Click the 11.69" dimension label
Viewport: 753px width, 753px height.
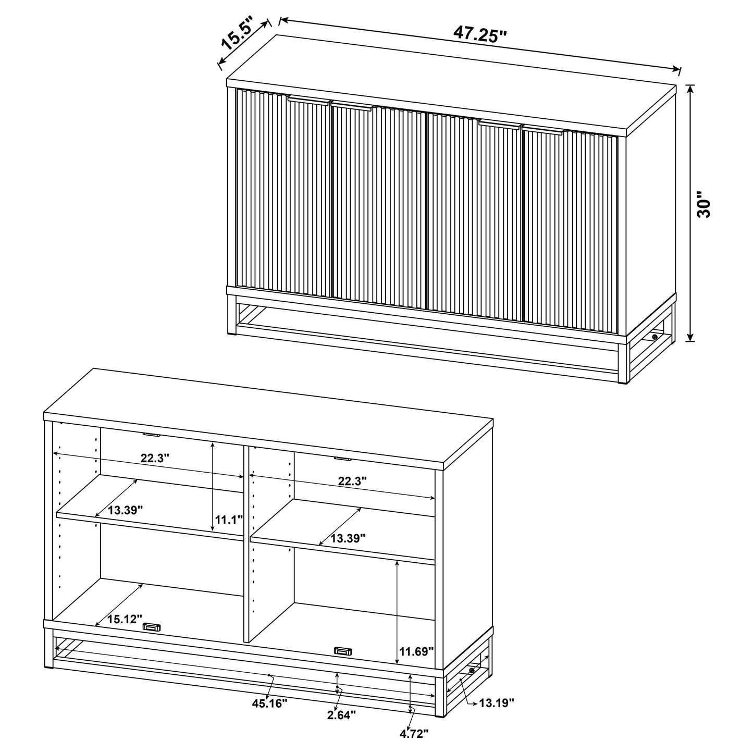[x=416, y=651]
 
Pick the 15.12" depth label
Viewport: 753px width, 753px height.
[x=125, y=619]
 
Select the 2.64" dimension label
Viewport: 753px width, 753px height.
[x=341, y=714]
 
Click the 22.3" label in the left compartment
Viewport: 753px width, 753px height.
[x=155, y=459]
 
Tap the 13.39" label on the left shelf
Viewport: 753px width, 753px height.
[x=126, y=510]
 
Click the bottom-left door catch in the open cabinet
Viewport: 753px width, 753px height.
[x=153, y=627]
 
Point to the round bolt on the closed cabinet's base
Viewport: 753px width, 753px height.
[x=655, y=338]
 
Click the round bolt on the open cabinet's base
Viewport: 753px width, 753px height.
[x=472, y=671]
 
